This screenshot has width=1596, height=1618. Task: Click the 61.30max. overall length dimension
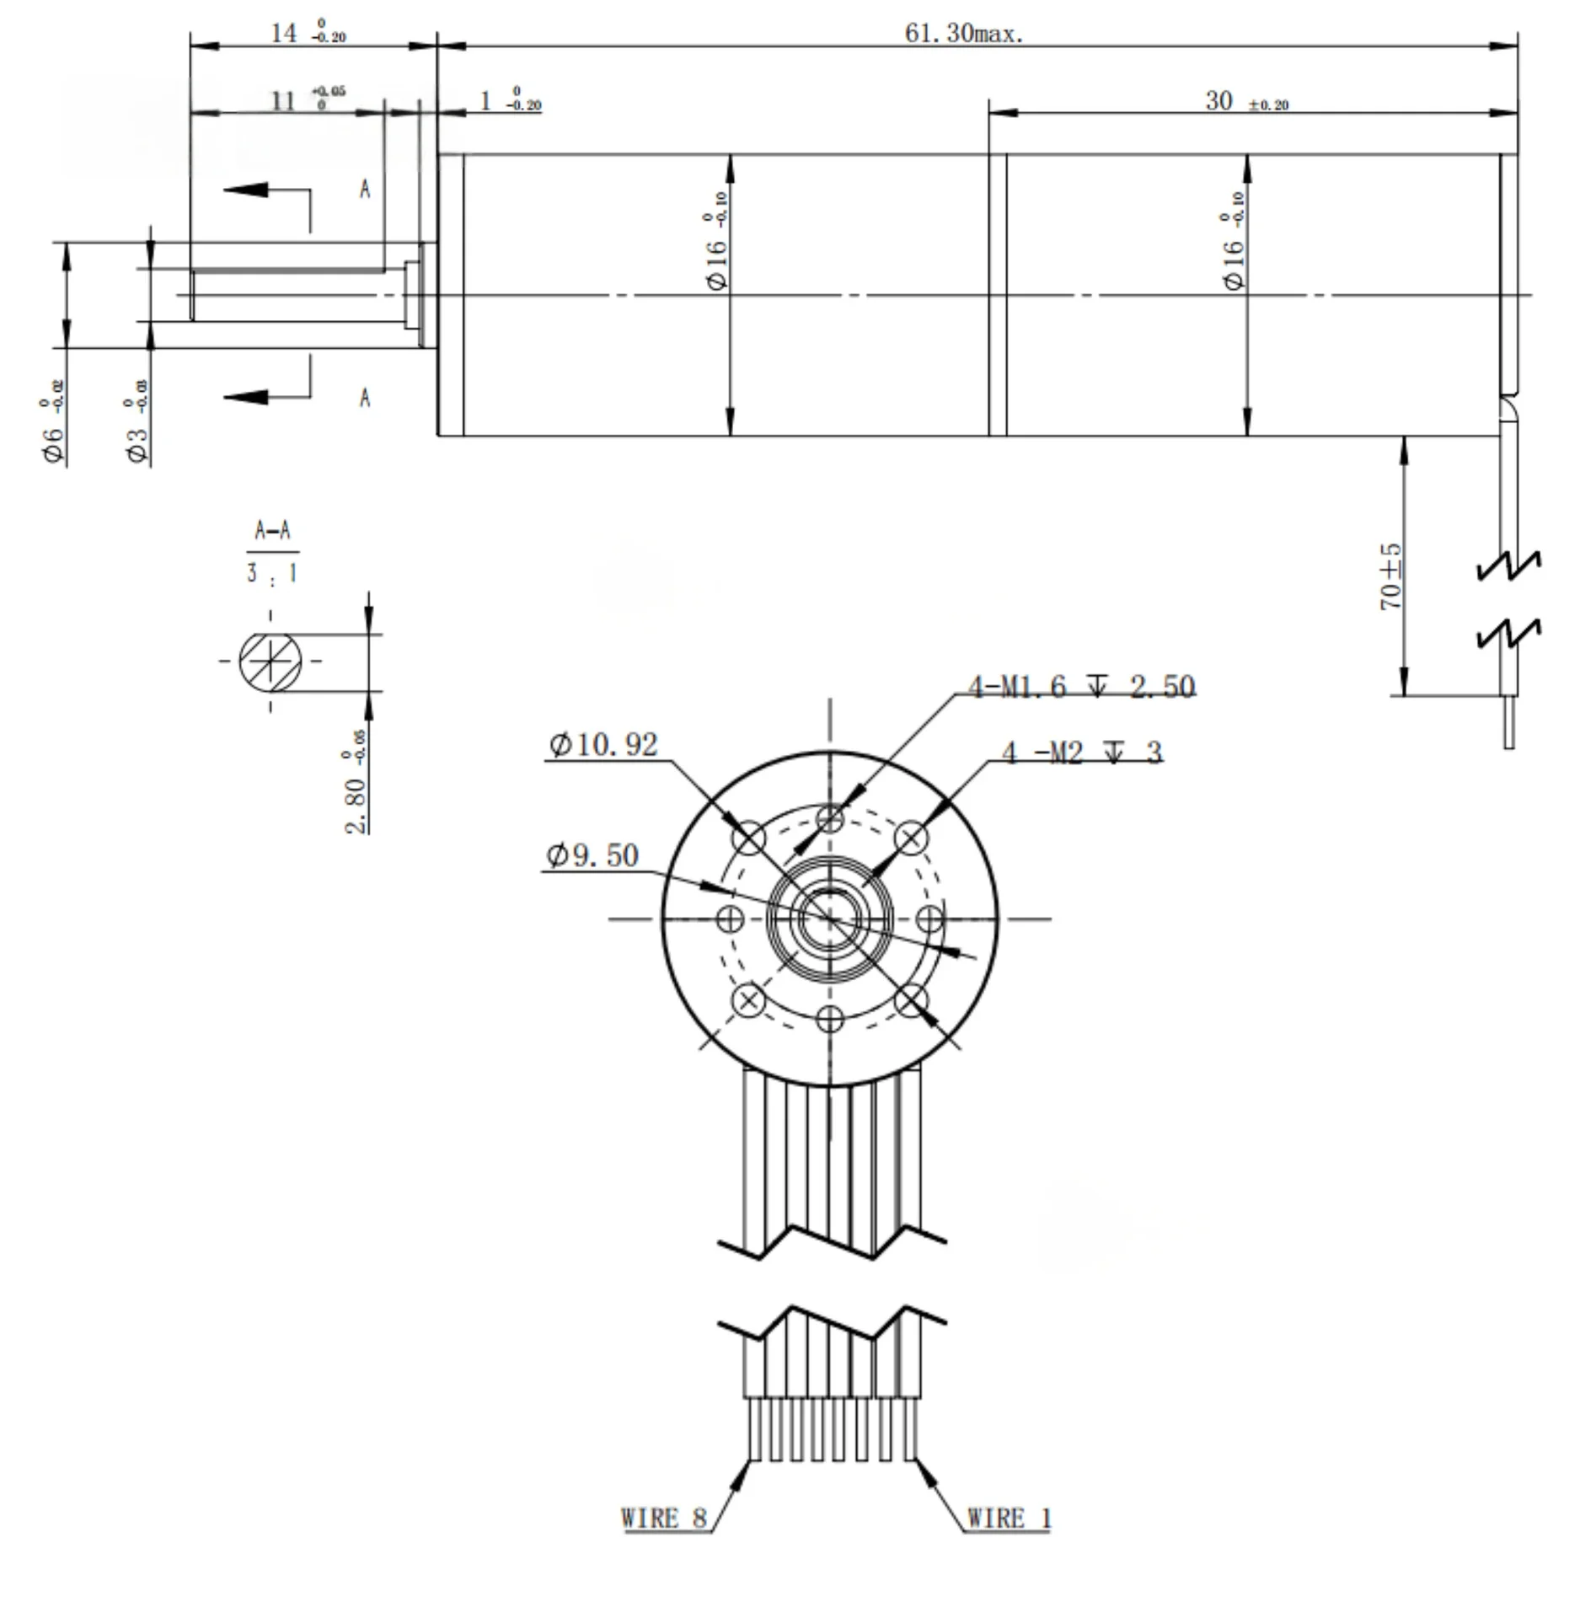[963, 34]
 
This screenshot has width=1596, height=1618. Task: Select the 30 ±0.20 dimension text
[1245, 102]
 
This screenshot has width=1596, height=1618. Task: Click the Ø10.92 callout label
[603, 745]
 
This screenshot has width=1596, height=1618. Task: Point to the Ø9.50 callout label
[592, 856]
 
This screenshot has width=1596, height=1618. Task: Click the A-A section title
[272, 531]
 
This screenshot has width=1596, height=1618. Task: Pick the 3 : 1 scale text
[271, 574]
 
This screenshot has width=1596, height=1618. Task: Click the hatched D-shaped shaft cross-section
[270, 662]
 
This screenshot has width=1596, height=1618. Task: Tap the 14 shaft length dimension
[307, 34]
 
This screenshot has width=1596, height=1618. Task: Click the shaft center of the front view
[830, 919]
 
